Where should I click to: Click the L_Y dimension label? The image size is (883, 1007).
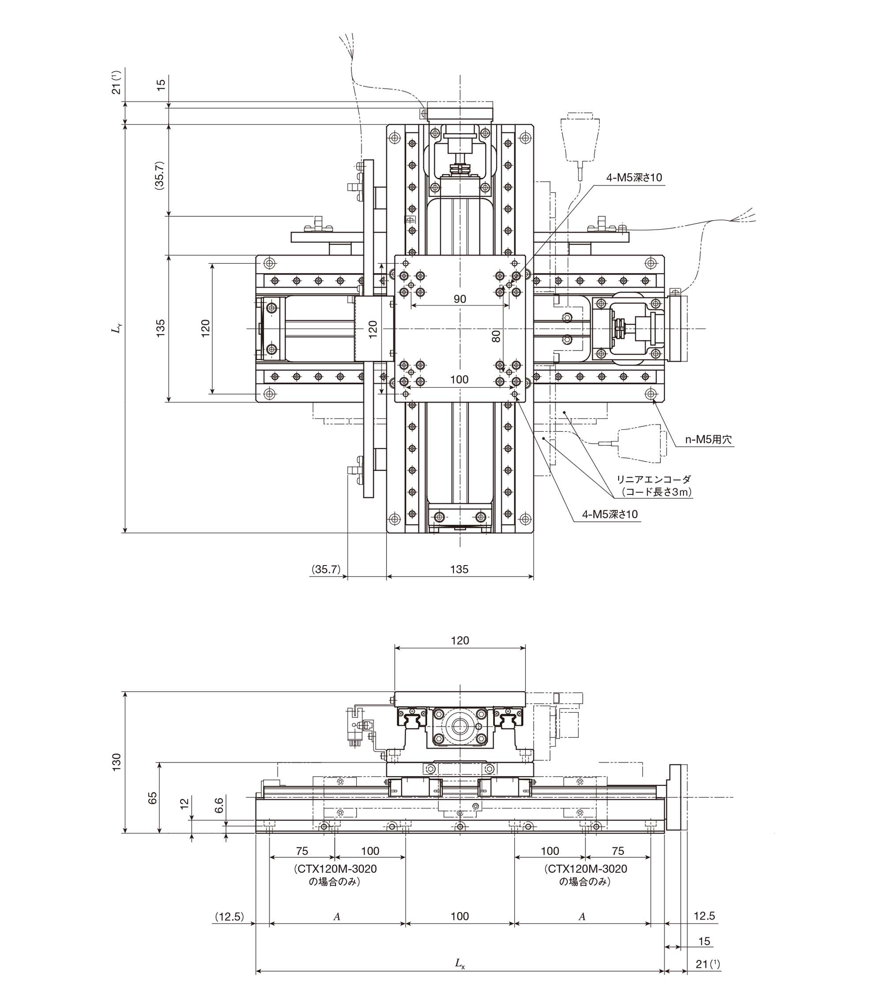[x=117, y=328]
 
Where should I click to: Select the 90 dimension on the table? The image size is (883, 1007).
[x=459, y=299]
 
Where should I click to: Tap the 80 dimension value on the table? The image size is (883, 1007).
[x=496, y=336]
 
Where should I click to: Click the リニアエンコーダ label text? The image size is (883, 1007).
[x=654, y=479]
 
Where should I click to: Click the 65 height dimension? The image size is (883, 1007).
[x=153, y=798]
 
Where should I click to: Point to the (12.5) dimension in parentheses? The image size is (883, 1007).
[x=230, y=916]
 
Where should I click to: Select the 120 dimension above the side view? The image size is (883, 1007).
[x=460, y=641]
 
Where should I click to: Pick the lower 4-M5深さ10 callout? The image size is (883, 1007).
[x=610, y=514]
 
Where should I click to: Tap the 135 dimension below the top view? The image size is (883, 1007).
[x=459, y=570]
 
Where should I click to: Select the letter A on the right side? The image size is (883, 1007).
[x=582, y=917]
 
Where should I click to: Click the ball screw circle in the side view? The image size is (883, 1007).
[x=459, y=726]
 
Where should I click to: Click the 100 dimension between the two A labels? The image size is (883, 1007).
[x=459, y=916]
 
